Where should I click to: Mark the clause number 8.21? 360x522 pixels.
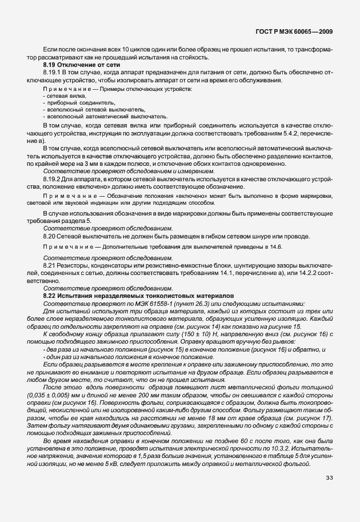(x=49, y=266)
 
